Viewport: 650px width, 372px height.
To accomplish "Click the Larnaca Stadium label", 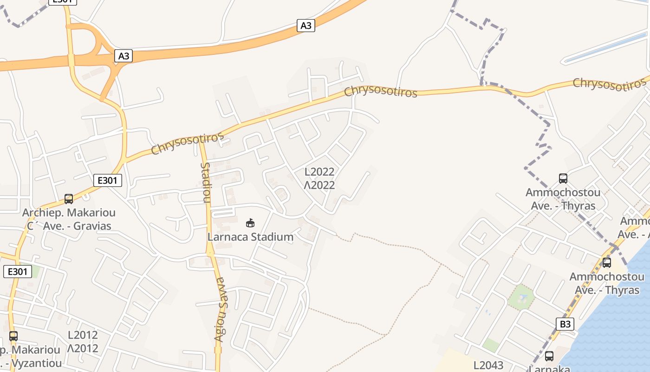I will point(250,237).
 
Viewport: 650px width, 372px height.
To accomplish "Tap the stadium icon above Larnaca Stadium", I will point(250,223).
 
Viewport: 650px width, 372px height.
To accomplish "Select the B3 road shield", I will point(565,324).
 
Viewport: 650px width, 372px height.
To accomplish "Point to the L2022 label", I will point(319,172).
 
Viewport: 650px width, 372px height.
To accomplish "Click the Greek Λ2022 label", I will point(319,185).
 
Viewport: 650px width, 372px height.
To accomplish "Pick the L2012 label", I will point(83,335).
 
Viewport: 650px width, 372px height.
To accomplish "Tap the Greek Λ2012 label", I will point(83,348).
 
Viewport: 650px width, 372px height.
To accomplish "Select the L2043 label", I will point(488,365).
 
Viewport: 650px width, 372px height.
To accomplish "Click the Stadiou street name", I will point(206,182).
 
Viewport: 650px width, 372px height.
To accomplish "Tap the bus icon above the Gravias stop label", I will point(69,199).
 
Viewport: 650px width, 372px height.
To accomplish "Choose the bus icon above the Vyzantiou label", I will point(13,336).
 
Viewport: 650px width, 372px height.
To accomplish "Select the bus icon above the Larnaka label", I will point(549,356).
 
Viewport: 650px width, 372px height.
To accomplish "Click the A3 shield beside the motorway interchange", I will point(123,56).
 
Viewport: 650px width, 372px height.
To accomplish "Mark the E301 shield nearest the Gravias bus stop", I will point(107,180).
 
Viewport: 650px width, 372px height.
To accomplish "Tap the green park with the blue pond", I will point(521,297).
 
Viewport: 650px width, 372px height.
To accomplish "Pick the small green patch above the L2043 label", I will point(490,345).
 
